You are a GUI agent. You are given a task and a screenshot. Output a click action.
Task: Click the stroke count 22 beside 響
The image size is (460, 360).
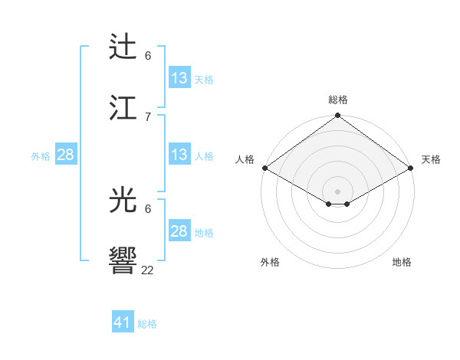click(x=148, y=270)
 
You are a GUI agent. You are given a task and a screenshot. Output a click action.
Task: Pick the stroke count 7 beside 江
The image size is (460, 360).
click(x=148, y=116)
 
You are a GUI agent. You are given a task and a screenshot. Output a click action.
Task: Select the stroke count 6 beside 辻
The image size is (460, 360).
click(x=148, y=56)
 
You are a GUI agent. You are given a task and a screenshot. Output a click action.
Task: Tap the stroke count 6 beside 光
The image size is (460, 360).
click(x=148, y=208)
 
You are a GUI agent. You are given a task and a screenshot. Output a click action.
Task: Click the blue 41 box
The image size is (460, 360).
click(x=123, y=323)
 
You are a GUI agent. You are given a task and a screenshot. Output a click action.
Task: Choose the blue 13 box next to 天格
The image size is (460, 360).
click(x=179, y=78)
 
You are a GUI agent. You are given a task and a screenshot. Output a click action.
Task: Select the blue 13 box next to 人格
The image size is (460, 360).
click(x=179, y=155)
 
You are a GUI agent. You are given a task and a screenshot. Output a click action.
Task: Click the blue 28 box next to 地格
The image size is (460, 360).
click(x=179, y=231)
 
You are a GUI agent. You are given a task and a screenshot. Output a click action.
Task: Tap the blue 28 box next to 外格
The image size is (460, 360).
click(x=66, y=155)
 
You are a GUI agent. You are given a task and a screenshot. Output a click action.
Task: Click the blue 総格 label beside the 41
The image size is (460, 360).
click(x=147, y=324)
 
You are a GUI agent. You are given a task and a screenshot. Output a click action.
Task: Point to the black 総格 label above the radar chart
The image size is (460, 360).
click(x=338, y=100)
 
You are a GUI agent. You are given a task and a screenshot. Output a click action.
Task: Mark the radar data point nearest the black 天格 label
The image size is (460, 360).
click(x=412, y=168)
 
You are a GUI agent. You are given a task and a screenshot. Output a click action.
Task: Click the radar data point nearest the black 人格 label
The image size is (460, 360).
click(x=264, y=168)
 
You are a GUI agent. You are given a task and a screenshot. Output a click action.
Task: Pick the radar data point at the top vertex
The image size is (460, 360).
click(x=338, y=116)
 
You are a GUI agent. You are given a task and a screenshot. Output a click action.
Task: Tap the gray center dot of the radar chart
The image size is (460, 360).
click(x=338, y=191)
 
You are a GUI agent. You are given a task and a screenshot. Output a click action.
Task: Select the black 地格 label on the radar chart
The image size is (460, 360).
click(x=402, y=262)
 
